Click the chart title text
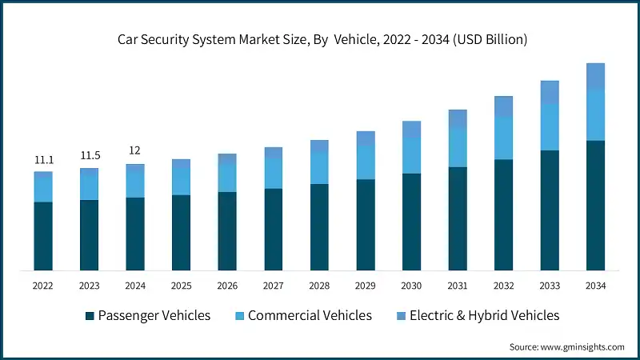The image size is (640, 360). click(320, 38)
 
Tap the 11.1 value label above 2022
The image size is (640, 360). click(43, 160)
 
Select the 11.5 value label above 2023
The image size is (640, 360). click(89, 155)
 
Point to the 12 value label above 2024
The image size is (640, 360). click(135, 150)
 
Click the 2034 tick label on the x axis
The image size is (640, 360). click(595, 286)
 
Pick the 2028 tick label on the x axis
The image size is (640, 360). click(319, 286)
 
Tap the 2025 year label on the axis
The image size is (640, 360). click(181, 286)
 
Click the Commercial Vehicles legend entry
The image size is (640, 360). click(310, 315)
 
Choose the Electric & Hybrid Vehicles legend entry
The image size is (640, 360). click(484, 315)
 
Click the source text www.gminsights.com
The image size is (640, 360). click(567, 346)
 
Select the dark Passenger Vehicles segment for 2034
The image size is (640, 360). click(595, 206)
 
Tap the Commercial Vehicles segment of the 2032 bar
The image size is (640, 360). click(503, 138)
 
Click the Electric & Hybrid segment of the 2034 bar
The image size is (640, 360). click(595, 76)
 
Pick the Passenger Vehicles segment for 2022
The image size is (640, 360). click(43, 236)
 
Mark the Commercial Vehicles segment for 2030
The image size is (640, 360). click(411, 156)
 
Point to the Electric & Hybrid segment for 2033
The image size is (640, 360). click(549, 92)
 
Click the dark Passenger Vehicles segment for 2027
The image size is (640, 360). click(274, 230)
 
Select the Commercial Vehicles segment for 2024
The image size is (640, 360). click(135, 185)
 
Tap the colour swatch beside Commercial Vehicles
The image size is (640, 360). click(238, 316)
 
